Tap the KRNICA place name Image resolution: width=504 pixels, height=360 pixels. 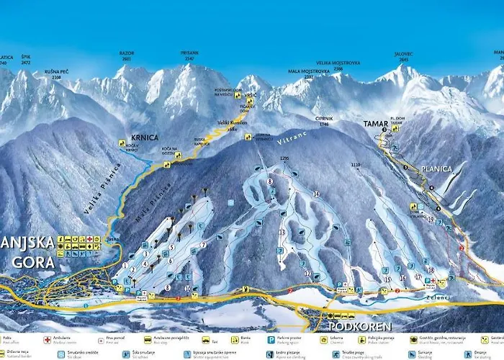[145, 137]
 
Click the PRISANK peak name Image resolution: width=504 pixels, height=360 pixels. [190, 53]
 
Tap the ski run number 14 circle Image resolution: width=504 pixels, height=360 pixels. [315, 194]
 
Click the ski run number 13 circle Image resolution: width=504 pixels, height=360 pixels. [282, 232]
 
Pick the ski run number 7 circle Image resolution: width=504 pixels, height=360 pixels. [203, 245]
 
